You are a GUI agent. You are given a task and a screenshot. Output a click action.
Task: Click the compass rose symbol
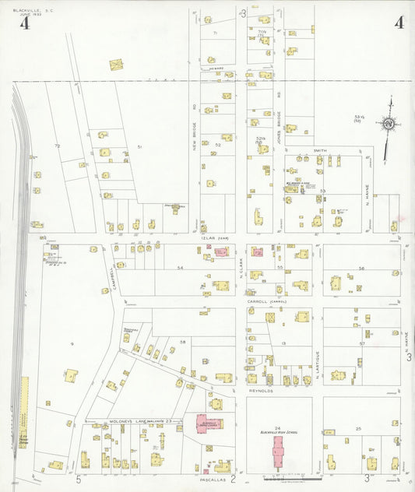point(387,123)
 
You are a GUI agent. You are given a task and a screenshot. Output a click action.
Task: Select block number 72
point(56,146)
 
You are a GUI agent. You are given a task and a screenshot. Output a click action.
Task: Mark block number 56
point(361,268)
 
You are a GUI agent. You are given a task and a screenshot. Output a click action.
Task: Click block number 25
point(358,429)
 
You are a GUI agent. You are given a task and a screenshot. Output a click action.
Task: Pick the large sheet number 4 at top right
point(398,23)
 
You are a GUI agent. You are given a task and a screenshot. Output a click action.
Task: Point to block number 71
point(215,33)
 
